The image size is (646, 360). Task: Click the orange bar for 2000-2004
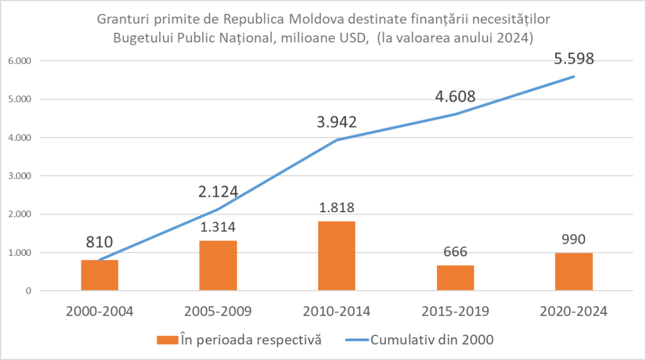[100, 275]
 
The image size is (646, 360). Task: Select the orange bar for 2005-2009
[218, 266]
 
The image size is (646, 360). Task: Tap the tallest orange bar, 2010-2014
[337, 256]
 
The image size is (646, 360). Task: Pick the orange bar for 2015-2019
[455, 278]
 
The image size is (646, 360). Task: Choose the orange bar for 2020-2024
[573, 272]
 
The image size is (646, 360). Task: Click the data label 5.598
[573, 59]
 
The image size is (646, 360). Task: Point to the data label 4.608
[455, 97]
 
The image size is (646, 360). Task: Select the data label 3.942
[337, 122]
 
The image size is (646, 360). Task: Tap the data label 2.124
[217, 191]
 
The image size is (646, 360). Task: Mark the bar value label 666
[455, 252]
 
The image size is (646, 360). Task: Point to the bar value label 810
[99, 242]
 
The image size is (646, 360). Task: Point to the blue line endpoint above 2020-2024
[573, 76]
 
